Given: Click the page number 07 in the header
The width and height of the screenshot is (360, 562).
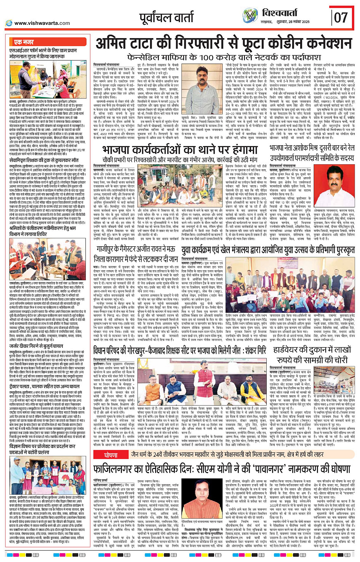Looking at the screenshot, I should click(341, 18).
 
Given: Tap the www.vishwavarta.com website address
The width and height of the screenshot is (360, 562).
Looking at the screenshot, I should click(42, 23).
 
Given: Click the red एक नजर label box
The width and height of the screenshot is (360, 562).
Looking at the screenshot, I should click(24, 42).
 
